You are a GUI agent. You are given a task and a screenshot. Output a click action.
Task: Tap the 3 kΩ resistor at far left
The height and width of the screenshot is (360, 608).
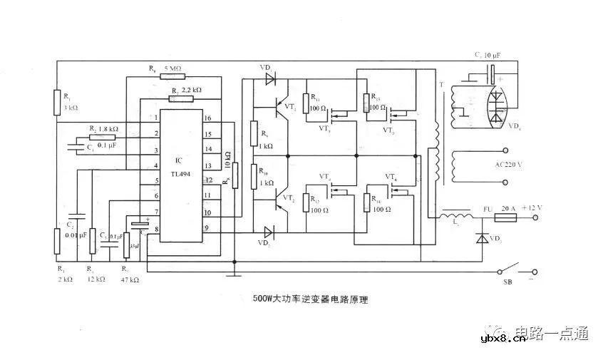click(57, 102)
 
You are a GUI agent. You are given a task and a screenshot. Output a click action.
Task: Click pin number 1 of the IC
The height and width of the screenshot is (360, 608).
click(155, 118)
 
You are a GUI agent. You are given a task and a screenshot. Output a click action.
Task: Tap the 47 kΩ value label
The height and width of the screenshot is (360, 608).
click(128, 280)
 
